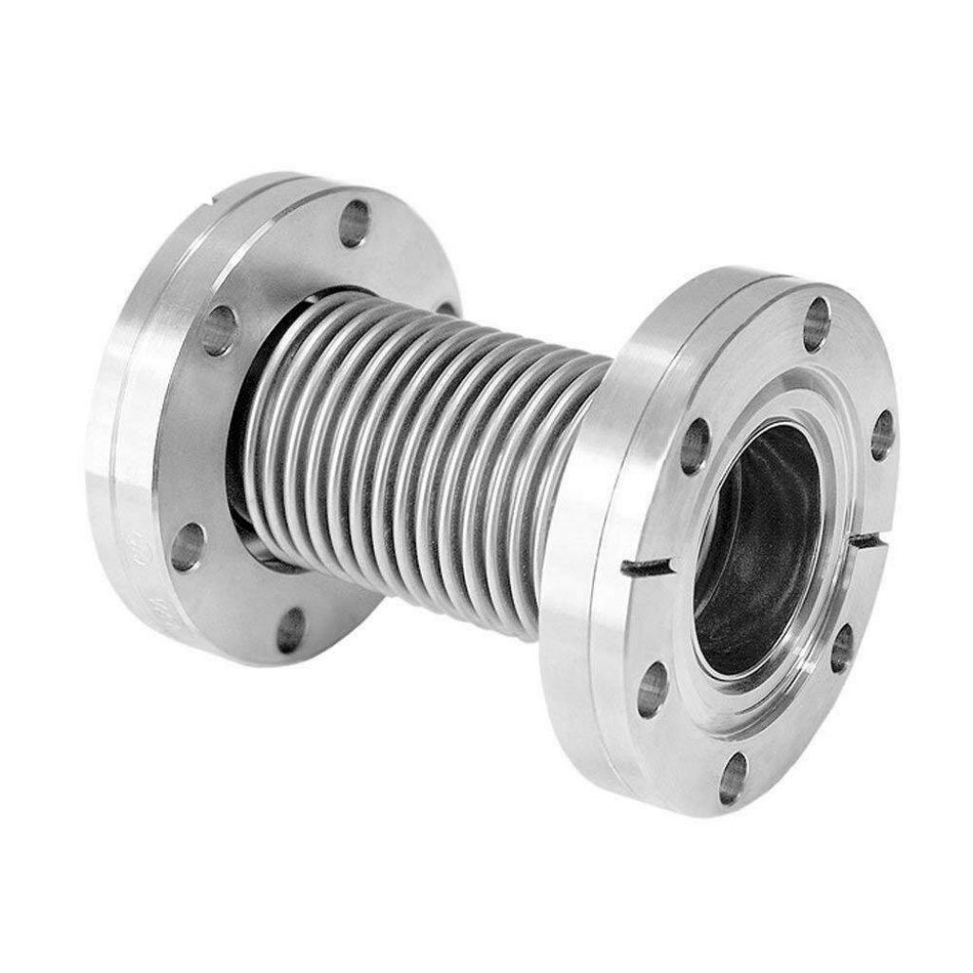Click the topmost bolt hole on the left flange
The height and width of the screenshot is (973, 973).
pos(354,224)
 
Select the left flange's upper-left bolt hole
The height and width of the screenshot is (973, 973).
pos(219,330)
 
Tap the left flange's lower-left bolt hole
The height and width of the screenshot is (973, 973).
pos(187,547)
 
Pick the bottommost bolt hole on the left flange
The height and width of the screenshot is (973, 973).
pos(291,630)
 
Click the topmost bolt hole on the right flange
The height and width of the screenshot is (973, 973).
pos(815,324)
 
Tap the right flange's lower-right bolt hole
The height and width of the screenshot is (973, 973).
pos(841,648)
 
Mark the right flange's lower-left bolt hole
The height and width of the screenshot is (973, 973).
pos(652,689)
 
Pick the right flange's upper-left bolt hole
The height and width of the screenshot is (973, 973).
pos(695,446)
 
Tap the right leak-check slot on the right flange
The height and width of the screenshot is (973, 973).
pos(867,541)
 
